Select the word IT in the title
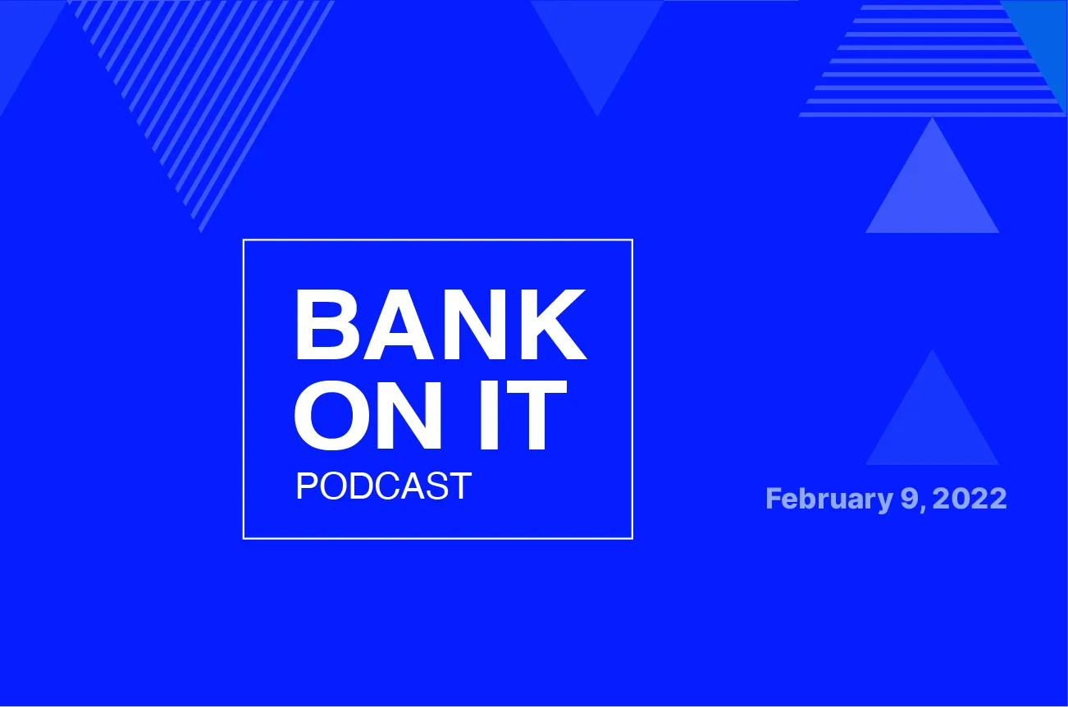(x=525, y=416)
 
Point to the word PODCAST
(x=383, y=486)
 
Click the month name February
(x=824, y=499)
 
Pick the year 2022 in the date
(x=969, y=499)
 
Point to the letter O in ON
(x=331, y=416)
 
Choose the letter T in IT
(x=539, y=416)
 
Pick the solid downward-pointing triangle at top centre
(x=597, y=41)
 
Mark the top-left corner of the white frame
(x=244, y=239)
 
